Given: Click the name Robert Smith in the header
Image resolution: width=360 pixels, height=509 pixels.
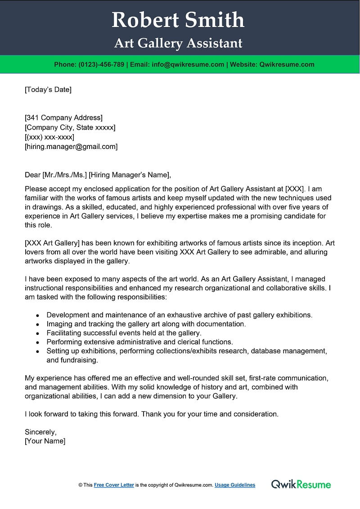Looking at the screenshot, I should click(x=178, y=20).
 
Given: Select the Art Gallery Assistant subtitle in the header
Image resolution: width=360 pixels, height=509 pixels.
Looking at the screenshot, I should click(x=178, y=43).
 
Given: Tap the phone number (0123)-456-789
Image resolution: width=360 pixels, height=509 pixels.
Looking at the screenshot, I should click(x=101, y=64).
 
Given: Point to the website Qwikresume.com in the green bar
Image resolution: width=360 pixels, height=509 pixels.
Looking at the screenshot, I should click(x=287, y=64).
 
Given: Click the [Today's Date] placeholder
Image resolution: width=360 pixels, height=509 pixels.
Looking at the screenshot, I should click(x=48, y=90).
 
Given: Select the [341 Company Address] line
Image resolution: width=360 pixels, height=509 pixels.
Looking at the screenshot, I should click(x=63, y=118).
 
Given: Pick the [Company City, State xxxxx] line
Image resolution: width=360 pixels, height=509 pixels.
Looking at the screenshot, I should click(x=70, y=127).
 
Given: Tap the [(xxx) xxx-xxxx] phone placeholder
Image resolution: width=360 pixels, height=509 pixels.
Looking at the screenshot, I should click(x=49, y=137).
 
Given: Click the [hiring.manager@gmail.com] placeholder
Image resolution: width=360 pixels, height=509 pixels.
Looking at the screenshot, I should click(x=71, y=146).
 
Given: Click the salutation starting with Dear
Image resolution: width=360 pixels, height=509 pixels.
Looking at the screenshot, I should click(x=98, y=175).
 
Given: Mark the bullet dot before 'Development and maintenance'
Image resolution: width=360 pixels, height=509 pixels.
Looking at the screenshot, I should click(x=37, y=315).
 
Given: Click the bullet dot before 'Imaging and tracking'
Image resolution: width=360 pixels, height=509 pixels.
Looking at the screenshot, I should click(x=37, y=324).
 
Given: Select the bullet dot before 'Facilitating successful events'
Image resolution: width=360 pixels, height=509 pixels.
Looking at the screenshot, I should click(x=37, y=333).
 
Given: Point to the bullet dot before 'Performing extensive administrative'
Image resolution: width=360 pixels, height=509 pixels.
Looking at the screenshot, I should click(x=37, y=342).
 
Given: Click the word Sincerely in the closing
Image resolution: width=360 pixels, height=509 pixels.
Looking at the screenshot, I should click(x=40, y=432).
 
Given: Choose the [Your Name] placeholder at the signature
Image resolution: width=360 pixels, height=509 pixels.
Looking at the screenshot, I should click(x=45, y=441).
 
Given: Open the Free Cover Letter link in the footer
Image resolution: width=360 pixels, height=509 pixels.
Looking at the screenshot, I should click(x=114, y=485).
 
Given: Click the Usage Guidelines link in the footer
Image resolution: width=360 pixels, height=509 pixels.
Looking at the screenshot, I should click(x=235, y=485).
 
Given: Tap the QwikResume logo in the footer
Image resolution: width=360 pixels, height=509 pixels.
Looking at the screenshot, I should click(x=301, y=484).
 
